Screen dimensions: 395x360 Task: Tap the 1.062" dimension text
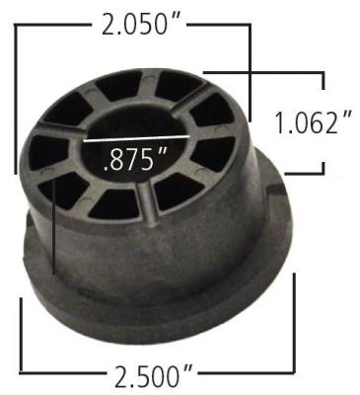314,125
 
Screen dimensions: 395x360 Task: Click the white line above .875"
133,138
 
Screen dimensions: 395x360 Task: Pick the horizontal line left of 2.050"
54,23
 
